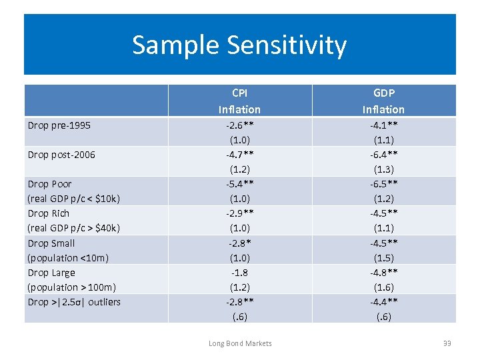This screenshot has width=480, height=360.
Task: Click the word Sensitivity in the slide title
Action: pos(287,45)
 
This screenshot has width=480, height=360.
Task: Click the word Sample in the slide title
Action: pos(176,45)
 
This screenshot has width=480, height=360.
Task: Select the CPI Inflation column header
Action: pos(239,101)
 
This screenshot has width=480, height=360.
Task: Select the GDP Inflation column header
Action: pos(383,101)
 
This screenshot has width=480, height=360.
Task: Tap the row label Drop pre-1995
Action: pos(59,125)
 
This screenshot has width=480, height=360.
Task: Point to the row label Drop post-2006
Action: pos(61,155)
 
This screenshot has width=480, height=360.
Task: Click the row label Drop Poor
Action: pos(49,184)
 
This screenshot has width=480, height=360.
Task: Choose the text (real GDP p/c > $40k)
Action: pos(73,228)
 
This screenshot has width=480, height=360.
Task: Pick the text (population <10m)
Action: pos(68,257)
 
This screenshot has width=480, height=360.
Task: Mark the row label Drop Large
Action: pos(51,273)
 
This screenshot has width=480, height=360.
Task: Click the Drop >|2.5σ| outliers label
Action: pos(74,302)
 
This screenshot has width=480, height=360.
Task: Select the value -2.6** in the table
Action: pos(239,125)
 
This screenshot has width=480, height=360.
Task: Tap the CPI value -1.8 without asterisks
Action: pos(239,273)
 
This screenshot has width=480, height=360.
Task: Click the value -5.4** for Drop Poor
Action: pos(239,184)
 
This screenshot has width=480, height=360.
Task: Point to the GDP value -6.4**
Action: pos(383,155)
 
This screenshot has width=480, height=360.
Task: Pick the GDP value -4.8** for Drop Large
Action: pos(383,273)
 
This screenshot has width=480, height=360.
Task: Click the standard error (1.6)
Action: pos(383,287)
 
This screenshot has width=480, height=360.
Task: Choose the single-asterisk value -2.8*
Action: pos(239,243)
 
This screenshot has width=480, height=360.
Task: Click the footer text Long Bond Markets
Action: pos(240,343)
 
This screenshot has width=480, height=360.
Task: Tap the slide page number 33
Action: pos(447,343)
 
